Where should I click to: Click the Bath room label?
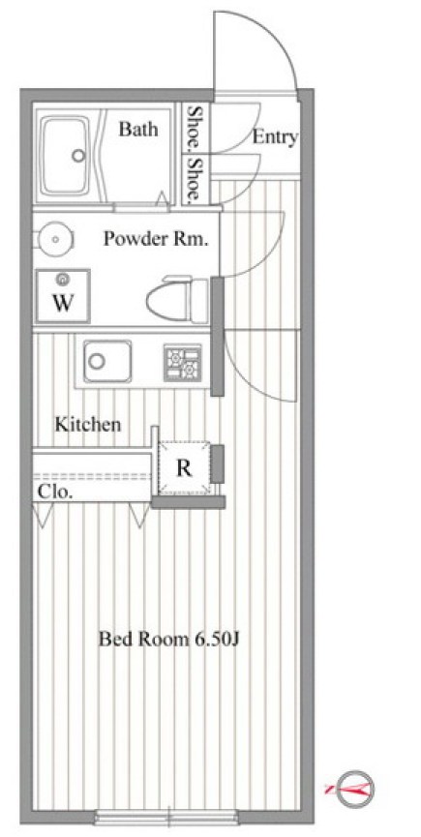coord(138,129)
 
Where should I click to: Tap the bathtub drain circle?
coord(78,156)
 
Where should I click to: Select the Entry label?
coord(274,137)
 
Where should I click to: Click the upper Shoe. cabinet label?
coord(195,128)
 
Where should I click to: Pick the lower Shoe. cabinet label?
coord(195,180)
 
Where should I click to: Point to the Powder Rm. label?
coord(155,239)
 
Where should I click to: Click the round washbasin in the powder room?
coord(55,239)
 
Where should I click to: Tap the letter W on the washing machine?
coord(63,303)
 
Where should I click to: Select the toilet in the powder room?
coord(177,299)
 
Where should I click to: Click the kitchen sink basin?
coord(106,361)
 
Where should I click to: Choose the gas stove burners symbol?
coord(183,363)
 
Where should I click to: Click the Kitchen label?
coord(88,425)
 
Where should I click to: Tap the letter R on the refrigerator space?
coord(184,468)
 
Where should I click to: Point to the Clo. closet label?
coord(55,492)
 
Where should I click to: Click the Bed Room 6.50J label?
coord(167,639)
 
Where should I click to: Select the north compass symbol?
coord(352,788)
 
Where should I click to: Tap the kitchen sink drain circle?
coord(97,361)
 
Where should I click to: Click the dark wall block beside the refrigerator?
coord(217,463)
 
